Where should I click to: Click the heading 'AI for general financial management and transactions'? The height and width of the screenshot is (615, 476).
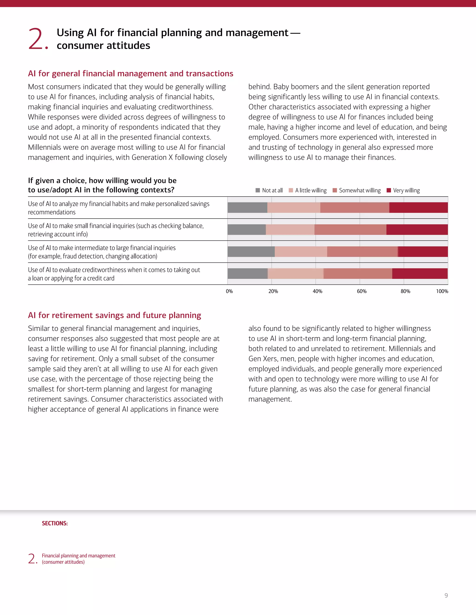point(130,74)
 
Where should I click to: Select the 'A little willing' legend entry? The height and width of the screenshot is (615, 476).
point(308,190)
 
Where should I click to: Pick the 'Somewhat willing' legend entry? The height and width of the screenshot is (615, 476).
point(357,190)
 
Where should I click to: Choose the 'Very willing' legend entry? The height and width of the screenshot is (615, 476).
point(403,190)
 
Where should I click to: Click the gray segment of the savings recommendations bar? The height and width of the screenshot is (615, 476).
point(247,207)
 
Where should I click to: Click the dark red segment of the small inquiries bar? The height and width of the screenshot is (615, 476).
point(417,230)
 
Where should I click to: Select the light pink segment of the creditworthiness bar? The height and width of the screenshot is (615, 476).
point(296,273)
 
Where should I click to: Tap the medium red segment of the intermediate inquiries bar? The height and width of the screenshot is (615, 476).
point(362,252)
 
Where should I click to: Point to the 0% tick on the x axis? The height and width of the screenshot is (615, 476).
point(229,291)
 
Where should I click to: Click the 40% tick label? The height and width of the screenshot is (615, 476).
point(317,291)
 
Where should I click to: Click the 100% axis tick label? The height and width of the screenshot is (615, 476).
point(442,291)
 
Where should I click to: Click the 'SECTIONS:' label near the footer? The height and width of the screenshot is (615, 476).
point(55,523)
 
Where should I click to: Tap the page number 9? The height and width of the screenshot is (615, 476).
point(446,595)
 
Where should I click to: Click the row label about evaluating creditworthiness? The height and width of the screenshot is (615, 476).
point(114,274)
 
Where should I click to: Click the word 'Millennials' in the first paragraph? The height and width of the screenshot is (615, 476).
point(44,147)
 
